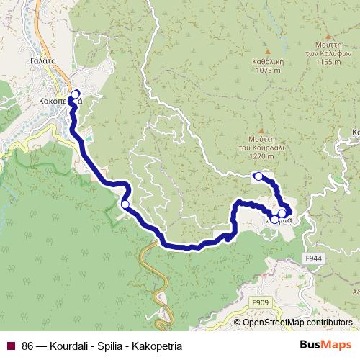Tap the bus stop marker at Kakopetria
(x=76, y=94)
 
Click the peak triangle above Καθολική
(x=267, y=52)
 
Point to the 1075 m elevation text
(x=267, y=71)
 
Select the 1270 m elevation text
(x=260, y=156)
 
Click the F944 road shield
(x=314, y=257)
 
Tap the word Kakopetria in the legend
(x=157, y=346)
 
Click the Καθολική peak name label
(x=267, y=62)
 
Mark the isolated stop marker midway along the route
(x=125, y=205)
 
